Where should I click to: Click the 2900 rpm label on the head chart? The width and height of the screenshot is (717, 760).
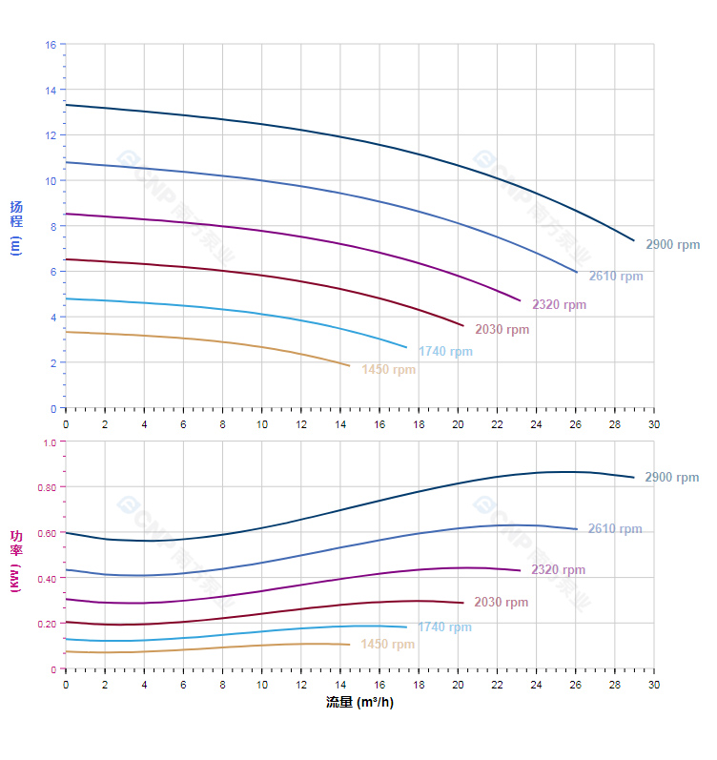tap(672, 245)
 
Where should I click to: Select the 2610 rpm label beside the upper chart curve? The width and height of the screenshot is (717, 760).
tap(615, 277)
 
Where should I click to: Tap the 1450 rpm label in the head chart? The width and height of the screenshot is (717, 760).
tap(388, 370)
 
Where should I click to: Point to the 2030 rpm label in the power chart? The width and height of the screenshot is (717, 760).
tap(501, 603)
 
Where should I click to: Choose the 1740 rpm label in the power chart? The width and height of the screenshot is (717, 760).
tap(444, 627)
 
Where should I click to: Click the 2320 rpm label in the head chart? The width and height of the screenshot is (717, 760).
tap(559, 305)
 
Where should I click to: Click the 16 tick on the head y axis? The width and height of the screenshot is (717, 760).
tap(51, 45)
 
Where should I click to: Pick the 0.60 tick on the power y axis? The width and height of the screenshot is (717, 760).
tap(48, 533)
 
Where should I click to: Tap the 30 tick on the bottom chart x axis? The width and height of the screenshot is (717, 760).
tap(654, 686)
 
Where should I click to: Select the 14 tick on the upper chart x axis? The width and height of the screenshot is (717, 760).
tap(340, 423)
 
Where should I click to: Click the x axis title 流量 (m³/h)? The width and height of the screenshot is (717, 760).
tap(359, 703)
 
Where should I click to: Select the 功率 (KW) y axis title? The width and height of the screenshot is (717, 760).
tap(16, 560)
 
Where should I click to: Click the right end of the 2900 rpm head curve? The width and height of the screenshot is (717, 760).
tap(634, 240)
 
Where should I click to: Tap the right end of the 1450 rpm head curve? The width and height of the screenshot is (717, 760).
tap(350, 366)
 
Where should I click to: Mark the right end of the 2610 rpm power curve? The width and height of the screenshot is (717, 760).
tap(577, 529)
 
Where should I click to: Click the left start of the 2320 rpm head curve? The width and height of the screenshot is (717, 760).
tap(66, 214)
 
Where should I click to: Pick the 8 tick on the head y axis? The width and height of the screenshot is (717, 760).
tap(51, 227)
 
